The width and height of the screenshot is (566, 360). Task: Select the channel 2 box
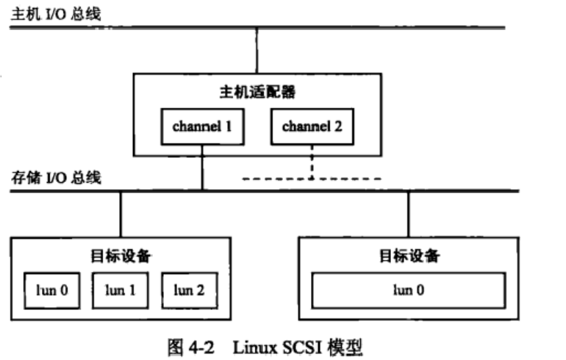click(x=312, y=126)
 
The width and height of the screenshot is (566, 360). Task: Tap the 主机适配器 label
click(x=257, y=93)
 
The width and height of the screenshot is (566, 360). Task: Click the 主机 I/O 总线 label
click(x=45, y=12)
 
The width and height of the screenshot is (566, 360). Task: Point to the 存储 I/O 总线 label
click(x=56, y=177)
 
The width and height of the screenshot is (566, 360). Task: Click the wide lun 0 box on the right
click(x=409, y=289)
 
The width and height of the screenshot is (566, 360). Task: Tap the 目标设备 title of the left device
click(x=121, y=256)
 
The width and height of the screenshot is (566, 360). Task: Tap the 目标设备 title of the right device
click(x=409, y=256)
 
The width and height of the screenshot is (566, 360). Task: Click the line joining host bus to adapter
click(x=257, y=50)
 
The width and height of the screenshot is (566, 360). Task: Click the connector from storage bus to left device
click(x=121, y=214)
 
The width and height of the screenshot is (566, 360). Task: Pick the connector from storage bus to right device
click(x=409, y=214)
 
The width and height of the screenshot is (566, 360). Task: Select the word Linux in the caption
click(x=252, y=344)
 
